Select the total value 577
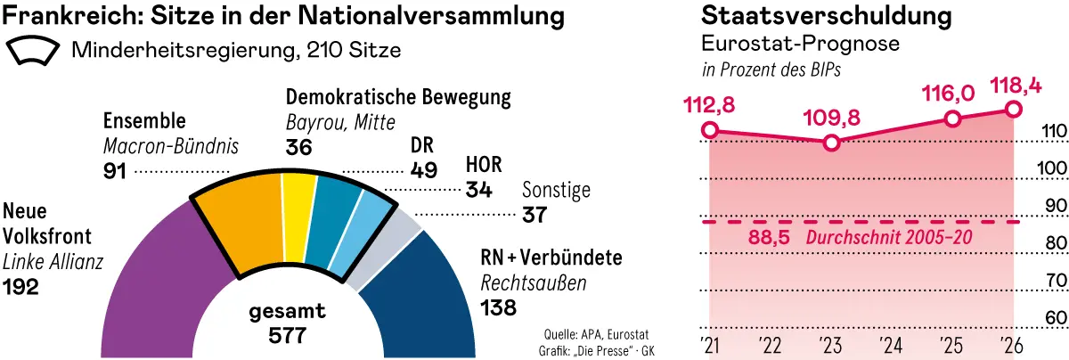(x=287, y=336)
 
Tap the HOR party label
(x=484, y=165)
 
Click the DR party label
(x=422, y=144)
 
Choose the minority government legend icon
(x=34, y=51)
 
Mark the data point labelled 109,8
(x=831, y=143)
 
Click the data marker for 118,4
(x=1013, y=109)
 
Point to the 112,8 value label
(x=710, y=105)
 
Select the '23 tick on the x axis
(x=830, y=344)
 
